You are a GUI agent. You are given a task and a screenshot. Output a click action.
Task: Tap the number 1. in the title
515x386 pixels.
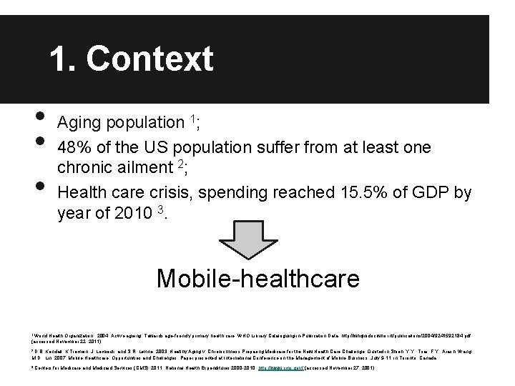(x=67, y=59)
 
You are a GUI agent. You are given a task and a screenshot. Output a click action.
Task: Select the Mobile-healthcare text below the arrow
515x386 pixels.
(x=257, y=278)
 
